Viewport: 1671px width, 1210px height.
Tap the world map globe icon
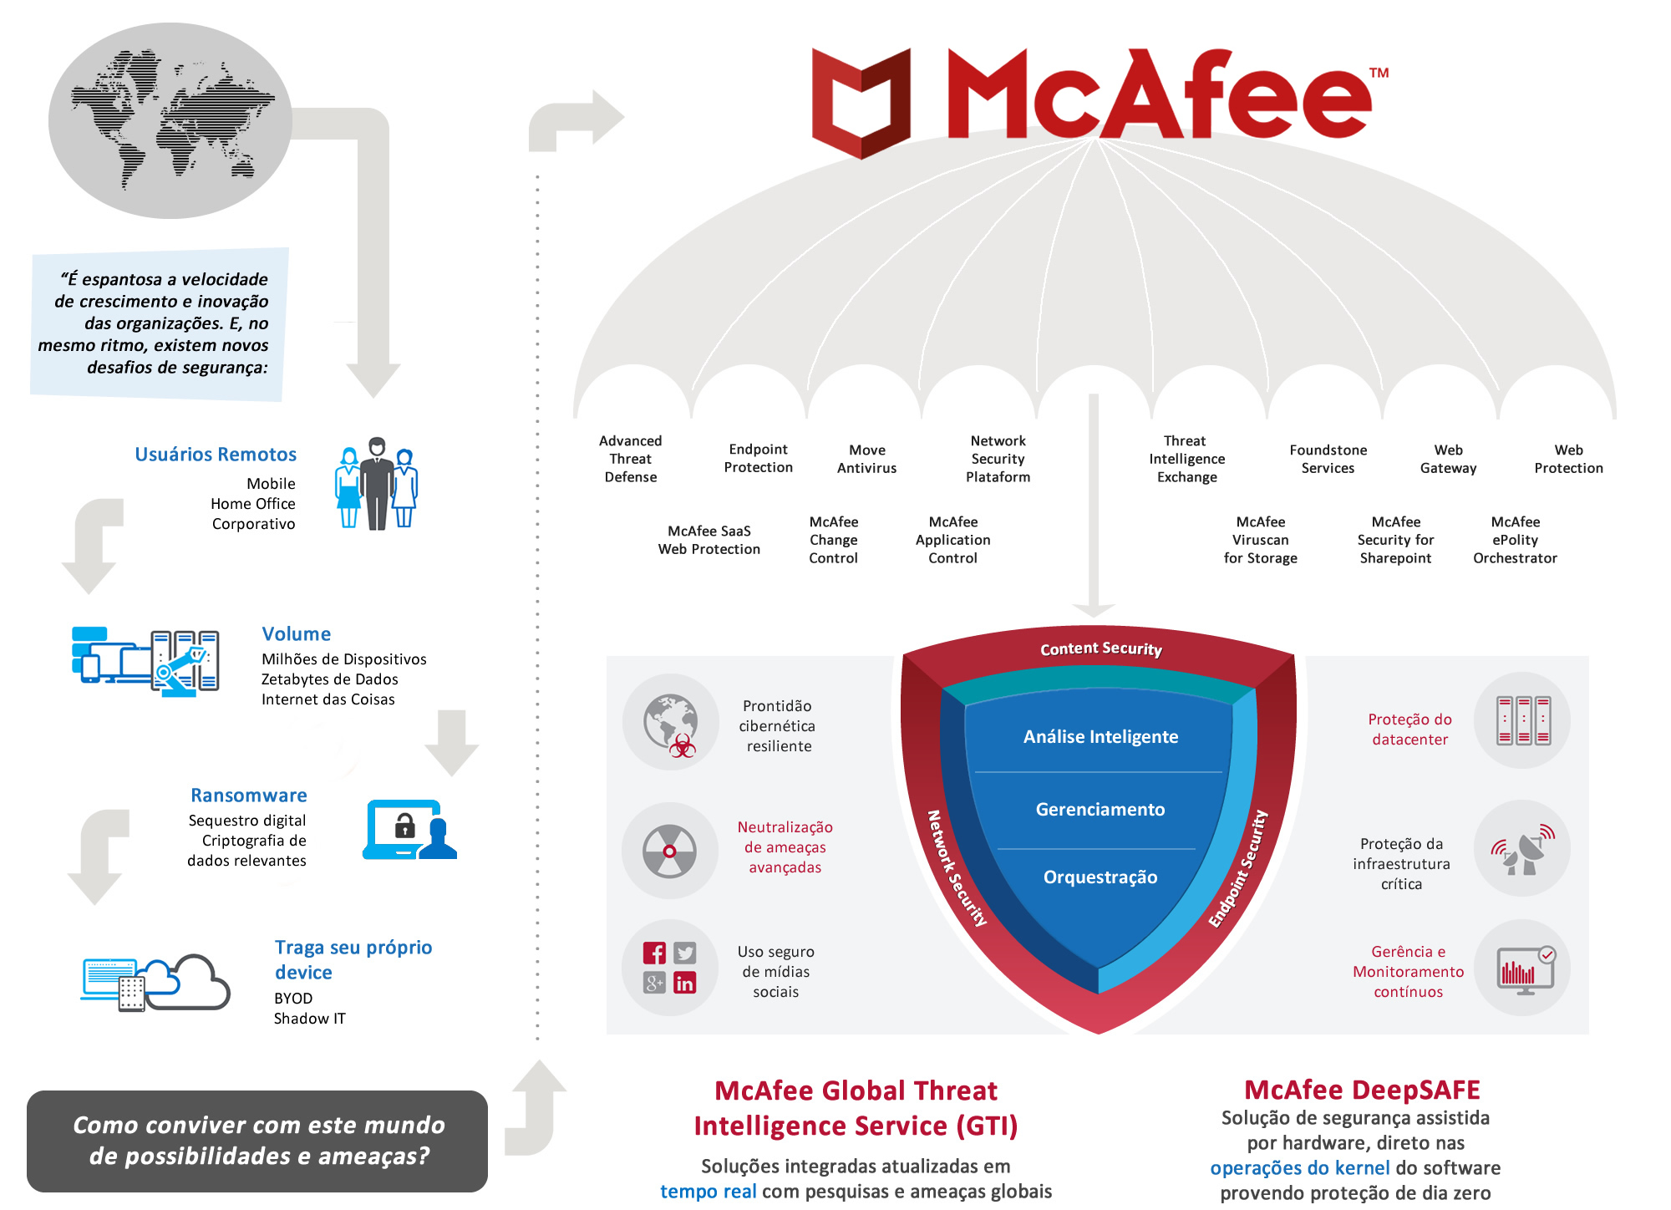point(170,120)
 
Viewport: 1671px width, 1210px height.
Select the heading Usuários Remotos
point(216,455)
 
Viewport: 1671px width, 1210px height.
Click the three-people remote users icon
point(377,483)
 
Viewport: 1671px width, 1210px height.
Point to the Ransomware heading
point(249,796)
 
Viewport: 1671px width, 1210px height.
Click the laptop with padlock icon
point(409,830)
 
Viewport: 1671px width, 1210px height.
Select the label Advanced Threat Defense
point(631,459)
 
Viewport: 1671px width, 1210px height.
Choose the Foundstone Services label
point(1328,459)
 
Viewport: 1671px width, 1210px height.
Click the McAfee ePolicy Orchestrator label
point(1515,540)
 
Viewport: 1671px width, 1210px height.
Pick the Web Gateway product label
point(1449,459)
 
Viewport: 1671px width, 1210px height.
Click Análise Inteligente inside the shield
point(1100,736)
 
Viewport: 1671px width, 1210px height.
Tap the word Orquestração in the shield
point(1100,877)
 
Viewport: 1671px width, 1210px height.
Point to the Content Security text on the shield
point(1101,648)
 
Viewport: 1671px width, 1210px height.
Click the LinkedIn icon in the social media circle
point(684,983)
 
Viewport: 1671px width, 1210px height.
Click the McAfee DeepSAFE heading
point(1362,1090)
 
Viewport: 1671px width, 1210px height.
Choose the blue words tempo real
point(709,1192)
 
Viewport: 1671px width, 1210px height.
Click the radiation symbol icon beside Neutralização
point(669,852)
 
